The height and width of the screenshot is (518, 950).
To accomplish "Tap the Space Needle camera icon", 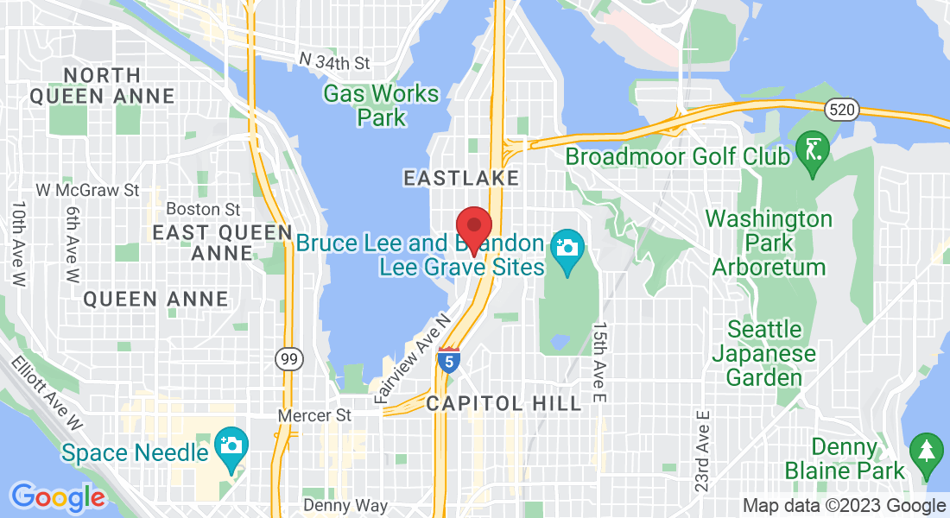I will click(231, 445).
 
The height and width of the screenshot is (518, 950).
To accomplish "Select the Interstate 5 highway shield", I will click(448, 359).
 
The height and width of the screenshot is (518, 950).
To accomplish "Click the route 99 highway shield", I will click(287, 358).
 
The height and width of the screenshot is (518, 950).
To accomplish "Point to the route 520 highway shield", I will click(839, 109).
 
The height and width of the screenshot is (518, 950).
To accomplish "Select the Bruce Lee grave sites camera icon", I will click(567, 249).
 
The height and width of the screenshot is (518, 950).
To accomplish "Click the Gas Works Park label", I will click(381, 105).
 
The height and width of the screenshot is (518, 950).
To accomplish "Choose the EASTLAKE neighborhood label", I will click(462, 179).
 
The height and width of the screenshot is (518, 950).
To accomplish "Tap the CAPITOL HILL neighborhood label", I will click(503, 403).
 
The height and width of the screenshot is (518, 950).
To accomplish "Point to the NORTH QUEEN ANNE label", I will click(102, 85).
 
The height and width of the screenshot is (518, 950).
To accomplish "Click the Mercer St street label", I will click(314, 415).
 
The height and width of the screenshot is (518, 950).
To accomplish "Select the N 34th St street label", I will click(334, 62).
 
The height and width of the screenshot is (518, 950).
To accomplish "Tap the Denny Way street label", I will click(345, 505).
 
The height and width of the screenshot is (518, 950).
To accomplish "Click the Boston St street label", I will click(203, 209).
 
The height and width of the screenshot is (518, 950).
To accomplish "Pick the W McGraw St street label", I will click(88, 188).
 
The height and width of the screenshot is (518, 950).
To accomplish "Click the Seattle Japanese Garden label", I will click(764, 353).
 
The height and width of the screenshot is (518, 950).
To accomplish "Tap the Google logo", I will click(58, 496).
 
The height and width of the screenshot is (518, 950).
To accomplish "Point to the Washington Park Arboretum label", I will click(769, 243).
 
